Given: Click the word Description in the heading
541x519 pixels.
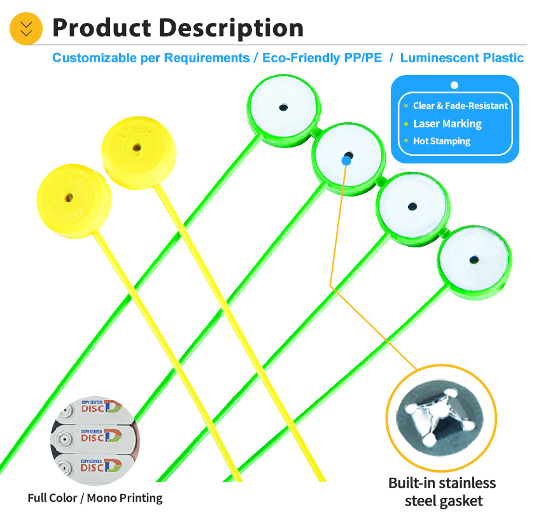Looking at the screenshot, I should click(x=230, y=28).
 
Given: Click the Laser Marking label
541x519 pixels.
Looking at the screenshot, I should click(x=447, y=124).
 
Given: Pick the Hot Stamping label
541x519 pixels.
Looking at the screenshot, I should click(x=442, y=141).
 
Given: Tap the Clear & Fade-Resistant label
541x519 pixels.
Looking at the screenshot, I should click(x=460, y=106).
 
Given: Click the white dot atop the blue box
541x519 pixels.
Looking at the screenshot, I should click(x=454, y=85).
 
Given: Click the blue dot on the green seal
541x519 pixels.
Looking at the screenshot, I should click(x=346, y=161).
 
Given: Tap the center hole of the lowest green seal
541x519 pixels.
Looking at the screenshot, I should click(x=474, y=259).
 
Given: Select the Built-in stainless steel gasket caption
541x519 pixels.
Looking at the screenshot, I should click(x=442, y=492).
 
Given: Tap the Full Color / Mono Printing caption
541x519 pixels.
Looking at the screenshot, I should click(x=95, y=498).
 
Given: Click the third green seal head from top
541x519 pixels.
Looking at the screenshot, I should click(x=412, y=206).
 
